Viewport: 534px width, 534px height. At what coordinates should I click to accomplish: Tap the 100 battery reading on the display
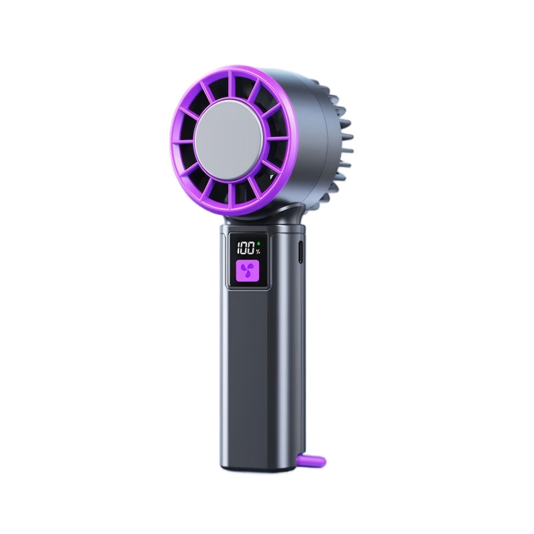tap(246, 248)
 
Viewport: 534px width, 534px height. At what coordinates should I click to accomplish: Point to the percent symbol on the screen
tap(258, 252)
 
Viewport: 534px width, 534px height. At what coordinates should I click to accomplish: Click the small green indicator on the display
tap(258, 244)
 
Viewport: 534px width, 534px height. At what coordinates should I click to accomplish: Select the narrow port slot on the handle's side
tap(301, 252)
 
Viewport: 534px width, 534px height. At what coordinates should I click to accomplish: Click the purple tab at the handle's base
tap(312, 461)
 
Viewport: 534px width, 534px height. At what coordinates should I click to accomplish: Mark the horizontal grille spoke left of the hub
tap(184, 142)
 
